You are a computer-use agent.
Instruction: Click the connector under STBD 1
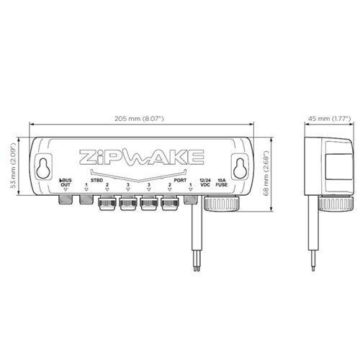point(86,199)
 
